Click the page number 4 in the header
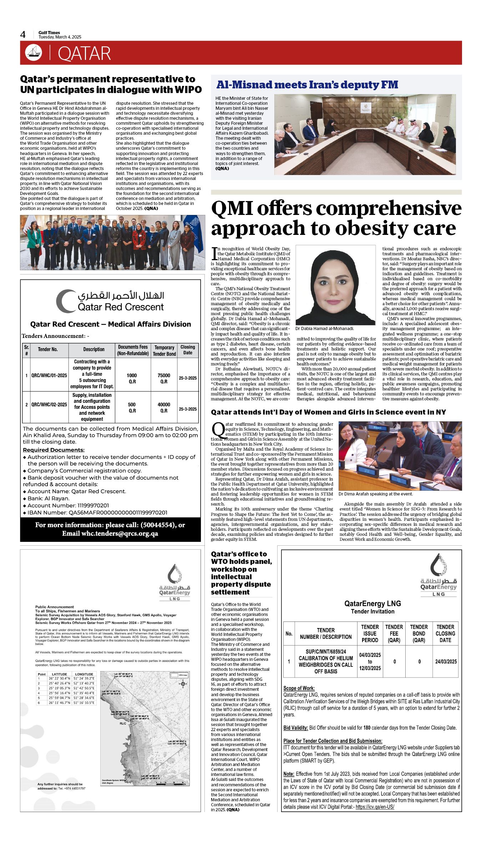tap(23, 35)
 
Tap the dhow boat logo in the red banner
tap(34, 53)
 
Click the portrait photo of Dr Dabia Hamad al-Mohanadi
tap(335, 285)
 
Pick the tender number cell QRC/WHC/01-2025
tap(49, 375)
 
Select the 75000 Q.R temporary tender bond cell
tap(164, 378)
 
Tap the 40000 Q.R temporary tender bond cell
tap(164, 407)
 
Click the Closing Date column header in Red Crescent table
tap(188, 350)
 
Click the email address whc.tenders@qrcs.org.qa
tap(120, 534)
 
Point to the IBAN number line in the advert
tap(97, 513)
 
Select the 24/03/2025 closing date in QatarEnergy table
tap(446, 662)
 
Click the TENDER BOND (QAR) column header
tap(419, 633)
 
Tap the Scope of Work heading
tap(299, 688)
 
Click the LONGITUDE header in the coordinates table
tap(84, 674)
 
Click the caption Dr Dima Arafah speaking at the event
tap(375, 494)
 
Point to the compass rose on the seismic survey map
tap(183, 683)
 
